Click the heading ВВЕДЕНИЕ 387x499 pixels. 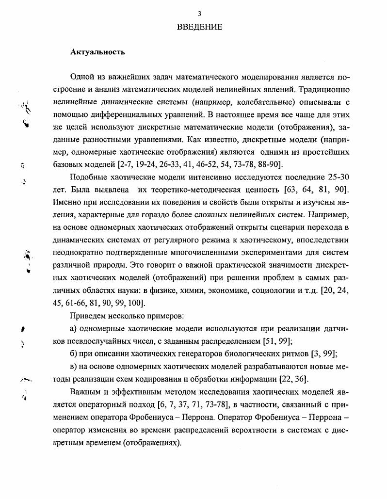(x=199, y=27)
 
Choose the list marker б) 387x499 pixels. (x=74, y=354)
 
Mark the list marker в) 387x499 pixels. (x=74, y=367)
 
